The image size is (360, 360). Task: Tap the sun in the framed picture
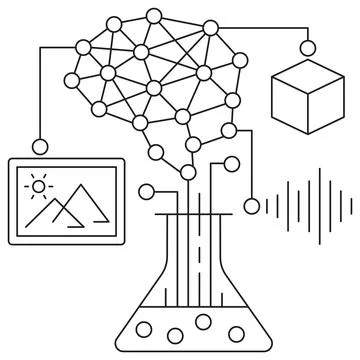click(40, 185)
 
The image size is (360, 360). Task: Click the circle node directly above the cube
click(306, 47)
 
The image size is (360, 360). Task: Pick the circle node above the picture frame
click(41, 143)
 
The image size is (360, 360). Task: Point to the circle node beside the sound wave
click(251, 207)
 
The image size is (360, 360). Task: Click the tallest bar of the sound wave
click(320, 206)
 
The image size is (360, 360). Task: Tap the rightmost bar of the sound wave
click(352, 206)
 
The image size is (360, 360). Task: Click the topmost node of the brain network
click(153, 17)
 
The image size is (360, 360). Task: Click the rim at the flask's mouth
click(187, 214)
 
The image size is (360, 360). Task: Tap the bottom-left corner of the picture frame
click(10, 240)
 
